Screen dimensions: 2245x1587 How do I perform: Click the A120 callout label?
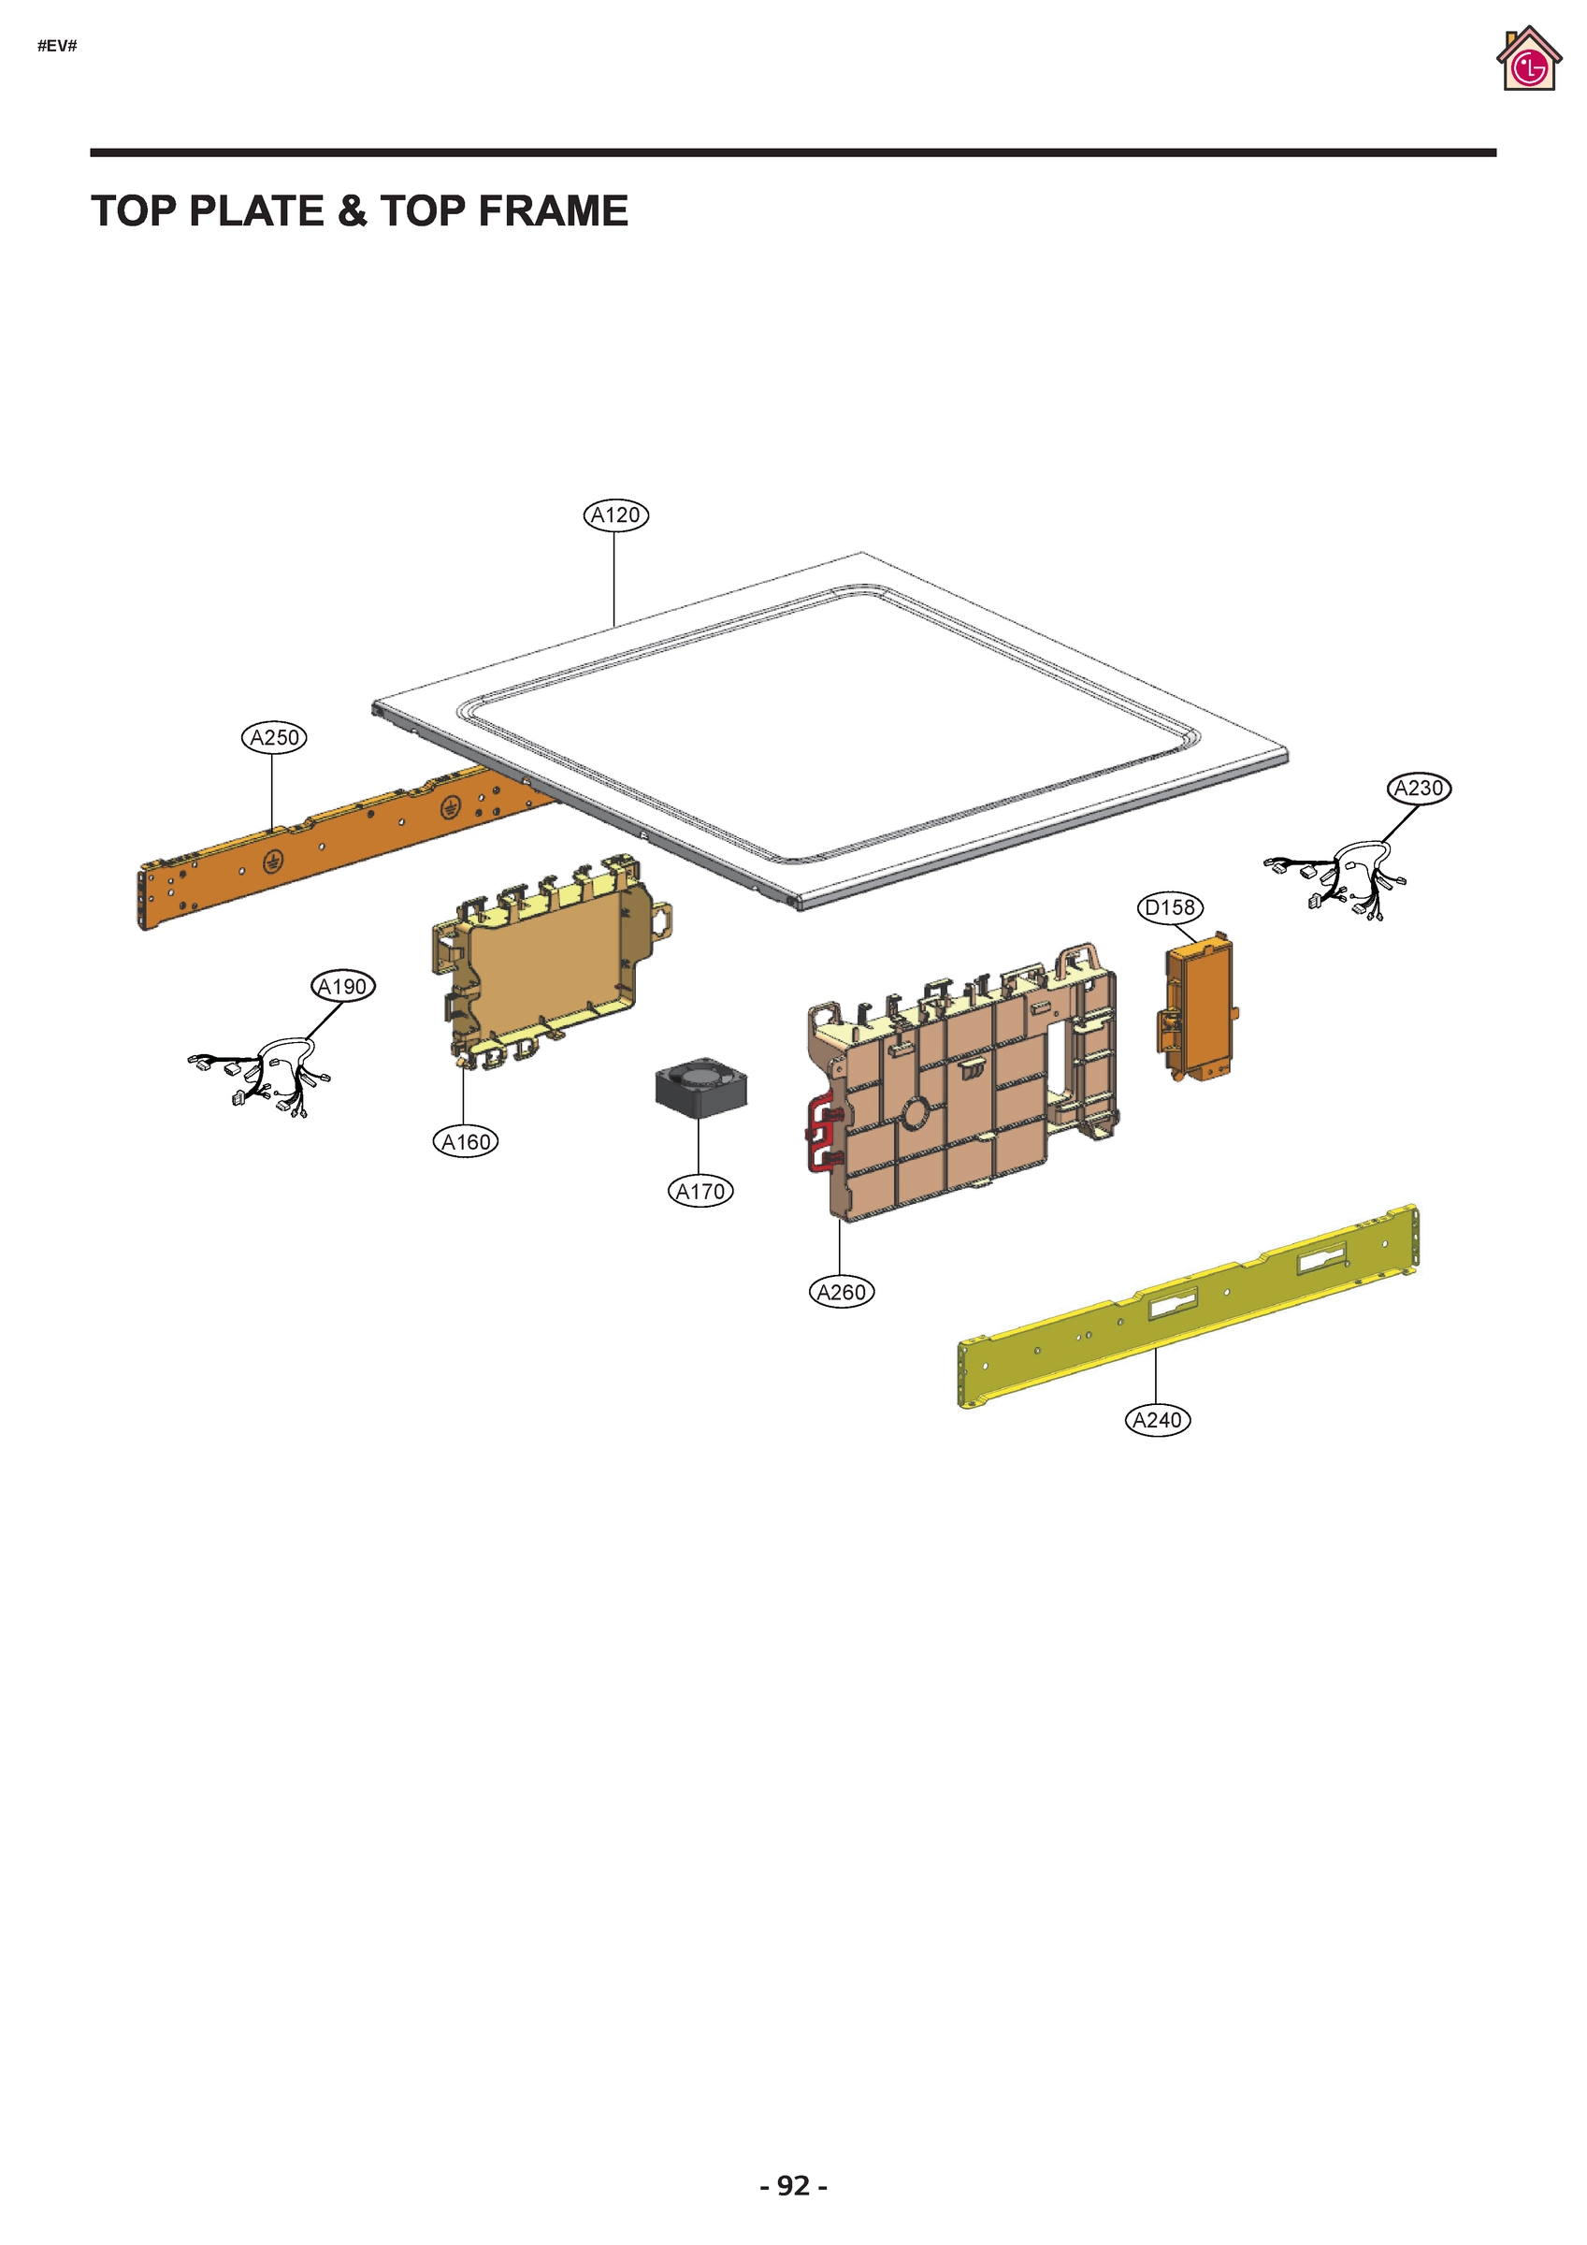point(616,515)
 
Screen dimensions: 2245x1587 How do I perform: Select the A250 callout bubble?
point(274,737)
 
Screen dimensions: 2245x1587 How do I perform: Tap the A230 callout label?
point(1418,789)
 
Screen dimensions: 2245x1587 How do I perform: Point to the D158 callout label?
point(1170,907)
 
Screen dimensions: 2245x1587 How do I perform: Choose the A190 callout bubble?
point(342,987)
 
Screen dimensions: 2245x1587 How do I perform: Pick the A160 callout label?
point(466,1142)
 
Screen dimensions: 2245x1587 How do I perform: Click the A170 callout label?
point(700,1192)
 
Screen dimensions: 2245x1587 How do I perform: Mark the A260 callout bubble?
point(841,1293)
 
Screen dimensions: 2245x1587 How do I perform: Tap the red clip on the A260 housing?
point(819,1135)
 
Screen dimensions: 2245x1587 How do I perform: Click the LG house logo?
point(1527,61)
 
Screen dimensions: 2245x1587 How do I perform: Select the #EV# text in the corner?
point(57,46)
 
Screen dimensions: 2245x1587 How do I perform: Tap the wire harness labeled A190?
point(262,1076)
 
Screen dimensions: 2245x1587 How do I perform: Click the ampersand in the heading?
point(351,211)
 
